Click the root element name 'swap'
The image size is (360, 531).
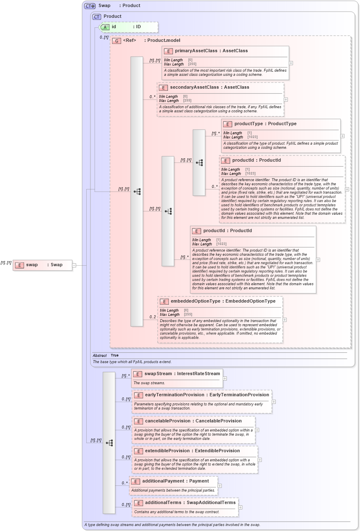pyautogui.click(x=32, y=265)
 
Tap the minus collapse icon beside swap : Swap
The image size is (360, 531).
pyautogui.click(x=74, y=265)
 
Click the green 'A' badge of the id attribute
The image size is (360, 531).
pyautogui.click(x=105, y=27)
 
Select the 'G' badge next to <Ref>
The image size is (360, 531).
pyautogui.click(x=117, y=41)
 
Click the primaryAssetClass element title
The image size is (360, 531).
pyautogui.click(x=211, y=51)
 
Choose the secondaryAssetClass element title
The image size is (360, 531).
pyautogui.click(x=209, y=87)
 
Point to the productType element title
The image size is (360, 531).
pyautogui.click(x=265, y=124)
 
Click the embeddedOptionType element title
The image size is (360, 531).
pyautogui.click(x=223, y=301)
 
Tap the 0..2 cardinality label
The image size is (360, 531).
pyautogui.click(x=153, y=317)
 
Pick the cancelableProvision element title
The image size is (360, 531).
pyautogui.click(x=193, y=421)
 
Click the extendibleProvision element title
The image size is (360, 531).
pyautogui.click(x=192, y=451)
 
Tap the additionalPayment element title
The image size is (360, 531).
pyautogui.click(x=175, y=481)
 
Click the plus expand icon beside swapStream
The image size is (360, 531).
pyautogui.click(x=225, y=378)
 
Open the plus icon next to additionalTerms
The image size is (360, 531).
pyautogui.click(x=240, y=507)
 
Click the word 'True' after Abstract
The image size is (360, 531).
pyautogui.click(x=114, y=356)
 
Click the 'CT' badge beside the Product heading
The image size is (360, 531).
pyautogui.click(x=97, y=17)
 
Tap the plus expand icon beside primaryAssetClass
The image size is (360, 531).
pyautogui.click(x=291, y=63)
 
